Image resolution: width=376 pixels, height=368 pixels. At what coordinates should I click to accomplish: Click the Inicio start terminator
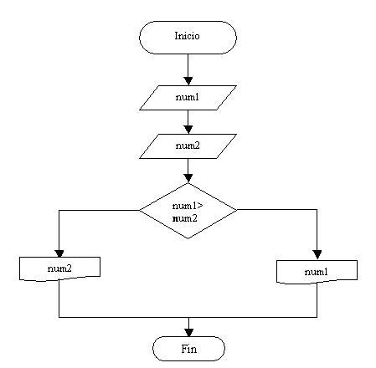(x=188, y=37)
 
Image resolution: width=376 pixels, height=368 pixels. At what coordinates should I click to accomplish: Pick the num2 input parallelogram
(x=188, y=146)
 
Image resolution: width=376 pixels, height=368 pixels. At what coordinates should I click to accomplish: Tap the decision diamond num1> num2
(x=188, y=211)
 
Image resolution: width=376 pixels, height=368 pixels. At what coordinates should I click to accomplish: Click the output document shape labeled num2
(x=59, y=267)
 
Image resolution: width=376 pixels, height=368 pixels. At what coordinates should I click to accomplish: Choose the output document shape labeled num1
(x=317, y=271)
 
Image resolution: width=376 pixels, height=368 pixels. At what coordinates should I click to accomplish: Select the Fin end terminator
(x=188, y=348)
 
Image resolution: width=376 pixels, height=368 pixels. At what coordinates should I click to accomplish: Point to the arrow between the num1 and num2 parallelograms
(x=188, y=121)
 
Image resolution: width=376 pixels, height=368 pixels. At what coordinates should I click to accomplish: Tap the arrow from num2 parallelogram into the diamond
(x=188, y=171)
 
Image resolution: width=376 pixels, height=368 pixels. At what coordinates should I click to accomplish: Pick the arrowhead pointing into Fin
(x=188, y=331)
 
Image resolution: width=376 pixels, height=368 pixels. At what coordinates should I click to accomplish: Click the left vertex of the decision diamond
(x=139, y=211)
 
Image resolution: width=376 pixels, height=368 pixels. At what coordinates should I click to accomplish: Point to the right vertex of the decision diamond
(x=237, y=211)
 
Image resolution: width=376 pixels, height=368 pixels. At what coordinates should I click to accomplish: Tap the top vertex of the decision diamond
(x=188, y=184)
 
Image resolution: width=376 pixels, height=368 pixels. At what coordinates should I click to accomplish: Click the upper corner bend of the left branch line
(x=59, y=211)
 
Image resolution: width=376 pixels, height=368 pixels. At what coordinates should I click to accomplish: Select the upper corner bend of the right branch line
(x=317, y=211)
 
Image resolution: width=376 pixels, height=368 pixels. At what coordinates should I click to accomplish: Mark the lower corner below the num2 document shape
(x=59, y=317)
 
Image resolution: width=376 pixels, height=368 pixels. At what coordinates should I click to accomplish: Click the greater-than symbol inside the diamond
(x=201, y=206)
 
